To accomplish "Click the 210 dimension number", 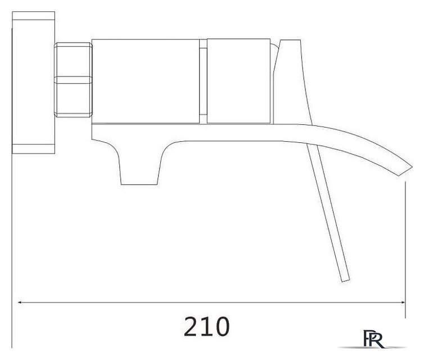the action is tap(206, 327).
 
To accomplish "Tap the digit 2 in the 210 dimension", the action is tap(191, 327).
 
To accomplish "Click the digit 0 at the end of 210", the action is tap(222, 327).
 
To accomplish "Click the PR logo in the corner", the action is tap(373, 339).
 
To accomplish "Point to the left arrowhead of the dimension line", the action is tap(20, 303).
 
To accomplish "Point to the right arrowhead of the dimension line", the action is tap(403, 303).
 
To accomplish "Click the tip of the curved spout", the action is tap(412, 167).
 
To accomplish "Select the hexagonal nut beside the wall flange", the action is tap(73, 80).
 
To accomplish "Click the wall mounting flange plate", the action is tap(34, 83).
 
